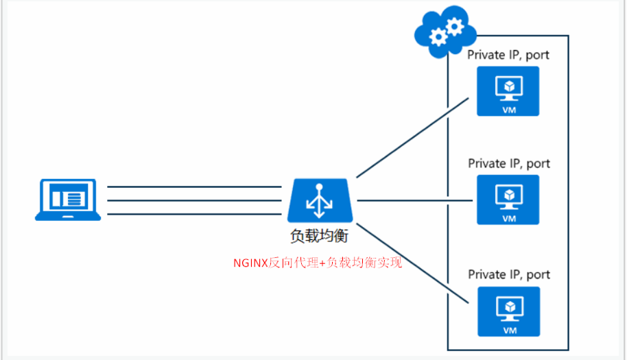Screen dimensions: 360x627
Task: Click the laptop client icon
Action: pyautogui.click(x=68, y=200)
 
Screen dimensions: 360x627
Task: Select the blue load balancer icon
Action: pyautogui.click(x=320, y=200)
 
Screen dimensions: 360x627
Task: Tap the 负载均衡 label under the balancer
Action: pyautogui.click(x=320, y=237)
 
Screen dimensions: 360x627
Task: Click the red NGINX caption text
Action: pyautogui.click(x=317, y=262)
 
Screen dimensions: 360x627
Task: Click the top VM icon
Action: pyautogui.click(x=509, y=91)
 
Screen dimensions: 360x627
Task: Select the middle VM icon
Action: pyautogui.click(x=508, y=200)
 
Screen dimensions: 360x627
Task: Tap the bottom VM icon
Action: pyautogui.click(x=509, y=311)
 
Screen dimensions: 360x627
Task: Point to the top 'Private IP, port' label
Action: pyautogui.click(x=508, y=55)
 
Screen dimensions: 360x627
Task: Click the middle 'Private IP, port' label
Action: pyautogui.click(x=509, y=164)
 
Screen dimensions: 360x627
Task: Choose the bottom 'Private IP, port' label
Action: pyautogui.click(x=509, y=274)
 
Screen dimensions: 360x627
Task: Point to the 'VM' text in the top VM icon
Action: pyautogui.click(x=509, y=109)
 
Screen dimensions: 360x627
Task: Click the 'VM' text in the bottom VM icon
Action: pyautogui.click(x=509, y=330)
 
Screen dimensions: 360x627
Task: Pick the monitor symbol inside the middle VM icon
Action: pyautogui.click(x=509, y=195)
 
